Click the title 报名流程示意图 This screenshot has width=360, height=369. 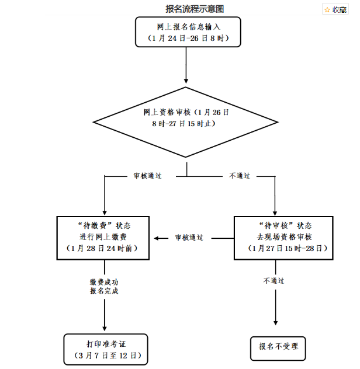[195, 9]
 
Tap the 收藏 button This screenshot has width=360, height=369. [339, 9]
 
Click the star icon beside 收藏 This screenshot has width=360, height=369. [327, 9]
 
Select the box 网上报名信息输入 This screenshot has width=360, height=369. [188, 32]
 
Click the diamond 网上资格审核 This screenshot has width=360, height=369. [186, 117]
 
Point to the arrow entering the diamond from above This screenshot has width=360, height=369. [186, 80]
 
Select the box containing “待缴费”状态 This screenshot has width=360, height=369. [104, 237]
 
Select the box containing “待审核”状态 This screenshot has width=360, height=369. [283, 237]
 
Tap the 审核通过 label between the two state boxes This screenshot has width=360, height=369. [189, 238]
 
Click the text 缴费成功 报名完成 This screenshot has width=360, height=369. [104, 286]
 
